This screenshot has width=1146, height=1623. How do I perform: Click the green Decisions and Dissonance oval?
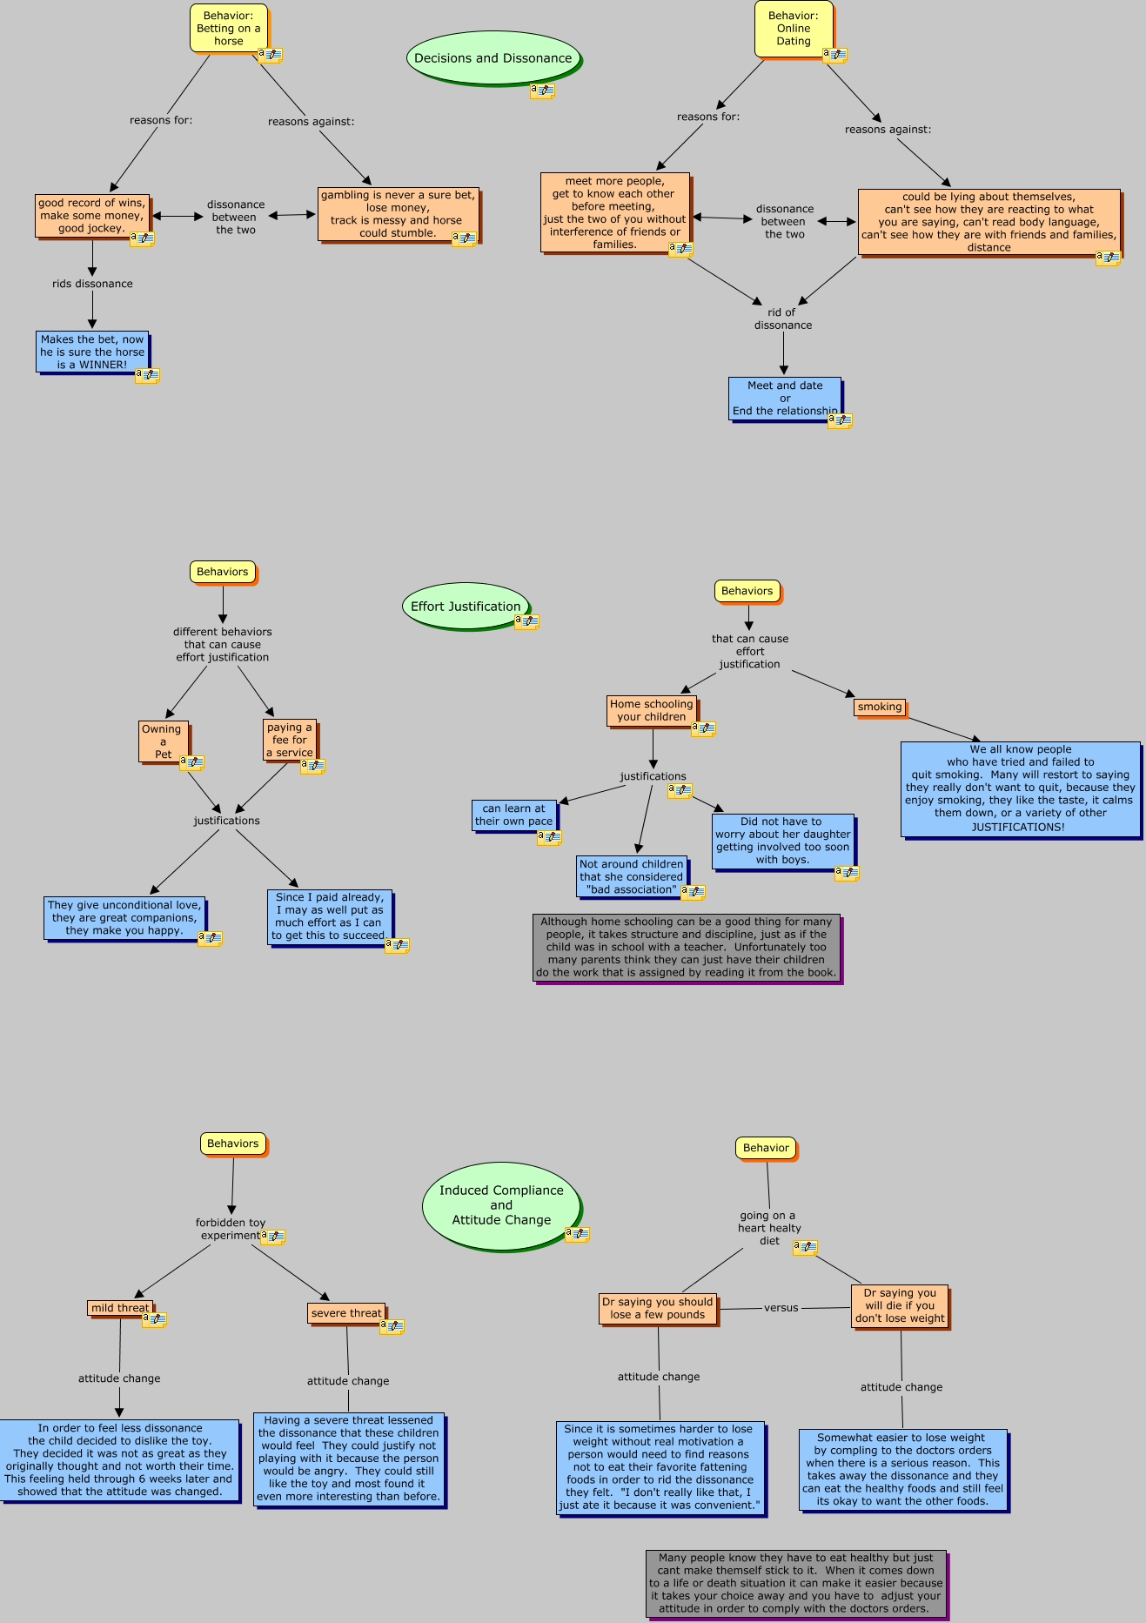493,58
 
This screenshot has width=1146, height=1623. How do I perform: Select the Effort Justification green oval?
466,606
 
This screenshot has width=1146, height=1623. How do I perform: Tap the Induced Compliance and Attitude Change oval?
501,1205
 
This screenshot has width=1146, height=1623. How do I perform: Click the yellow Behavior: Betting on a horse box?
229,29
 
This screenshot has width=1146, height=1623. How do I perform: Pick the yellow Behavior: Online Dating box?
794,29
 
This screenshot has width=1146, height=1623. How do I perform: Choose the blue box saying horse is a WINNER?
92,352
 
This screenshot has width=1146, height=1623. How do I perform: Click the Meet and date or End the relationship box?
785,399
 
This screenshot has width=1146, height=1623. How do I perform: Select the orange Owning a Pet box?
163,741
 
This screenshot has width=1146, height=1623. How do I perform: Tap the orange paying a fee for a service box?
290,740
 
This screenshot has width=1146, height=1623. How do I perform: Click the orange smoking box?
880,707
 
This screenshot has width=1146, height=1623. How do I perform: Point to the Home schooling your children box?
652,710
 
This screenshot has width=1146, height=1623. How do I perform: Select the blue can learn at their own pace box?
514,815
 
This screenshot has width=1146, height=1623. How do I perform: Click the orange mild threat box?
120,1307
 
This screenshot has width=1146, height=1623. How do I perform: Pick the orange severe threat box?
346,1313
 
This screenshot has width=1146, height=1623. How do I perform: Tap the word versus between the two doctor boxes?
781,1307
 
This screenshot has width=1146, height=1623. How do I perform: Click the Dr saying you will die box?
900,1305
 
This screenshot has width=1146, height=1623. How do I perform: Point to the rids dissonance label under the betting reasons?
92,284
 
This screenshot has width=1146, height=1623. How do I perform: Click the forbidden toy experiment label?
231,1229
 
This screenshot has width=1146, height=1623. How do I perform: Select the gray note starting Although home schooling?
687,947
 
